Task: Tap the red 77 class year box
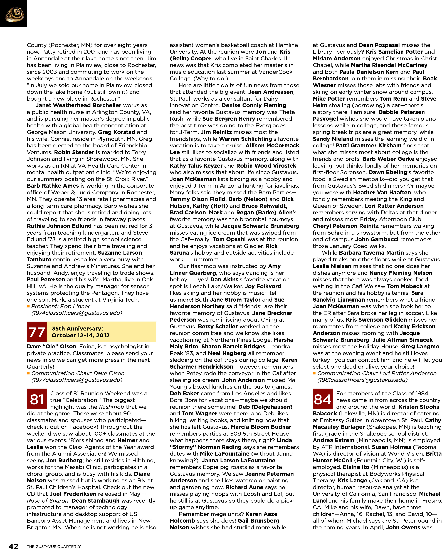tap(37, 332)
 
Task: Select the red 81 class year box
tap(37, 399)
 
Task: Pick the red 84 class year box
tap(323, 399)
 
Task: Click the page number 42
tap(13, 546)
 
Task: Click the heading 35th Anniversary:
tap(77, 329)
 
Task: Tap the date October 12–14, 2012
tap(80, 335)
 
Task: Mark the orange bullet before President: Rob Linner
tap(28, 306)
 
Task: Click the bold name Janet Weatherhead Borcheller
tap(78, 105)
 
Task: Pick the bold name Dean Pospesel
tap(379, 45)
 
